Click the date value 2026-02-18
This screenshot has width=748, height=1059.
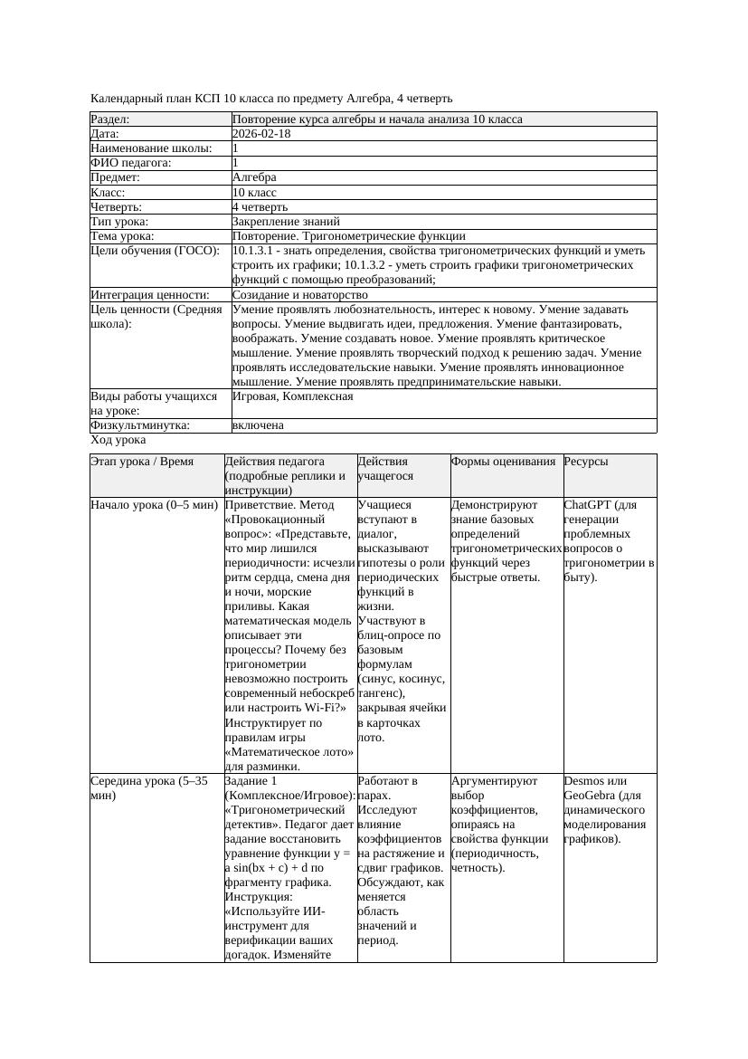tap(261, 134)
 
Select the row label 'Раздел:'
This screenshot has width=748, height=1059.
tap(110, 119)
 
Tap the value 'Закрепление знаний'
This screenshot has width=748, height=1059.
tap(286, 221)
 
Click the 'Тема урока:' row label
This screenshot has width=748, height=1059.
tap(123, 235)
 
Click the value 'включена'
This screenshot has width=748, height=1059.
tap(258, 425)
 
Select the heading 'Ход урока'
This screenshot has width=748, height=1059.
tap(118, 440)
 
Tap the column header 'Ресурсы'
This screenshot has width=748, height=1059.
tap(586, 462)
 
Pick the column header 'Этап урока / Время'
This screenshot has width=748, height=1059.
tap(142, 462)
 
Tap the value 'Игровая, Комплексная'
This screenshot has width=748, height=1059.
tap(292, 396)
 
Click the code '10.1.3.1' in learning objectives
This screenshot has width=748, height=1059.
tap(257, 251)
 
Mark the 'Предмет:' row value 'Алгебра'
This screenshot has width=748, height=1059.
tap(254, 177)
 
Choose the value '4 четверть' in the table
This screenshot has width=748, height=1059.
tap(262, 206)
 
